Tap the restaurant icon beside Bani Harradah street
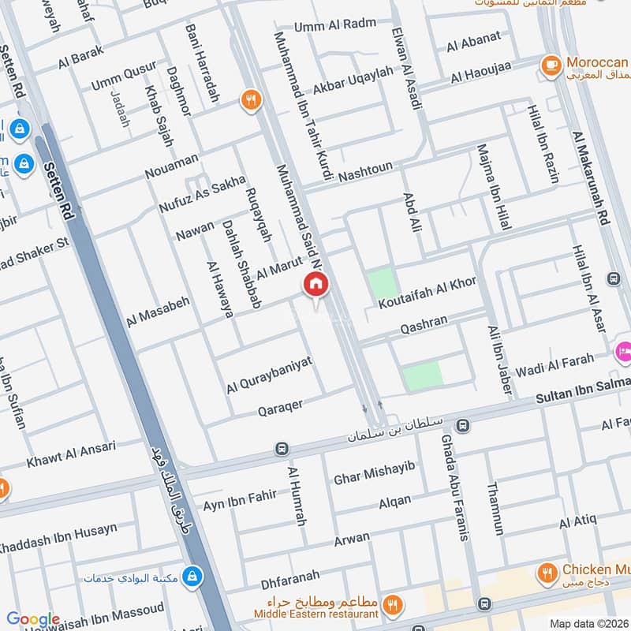[251, 99]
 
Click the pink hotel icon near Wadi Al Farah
[622, 349]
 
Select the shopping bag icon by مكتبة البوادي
[191, 577]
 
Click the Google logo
[33, 620]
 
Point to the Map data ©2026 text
[588, 624]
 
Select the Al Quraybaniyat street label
[269, 374]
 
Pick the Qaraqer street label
[281, 407]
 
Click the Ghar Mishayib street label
[374, 475]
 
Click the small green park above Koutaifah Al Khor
[382, 283]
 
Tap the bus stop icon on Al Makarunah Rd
[613, 278]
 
